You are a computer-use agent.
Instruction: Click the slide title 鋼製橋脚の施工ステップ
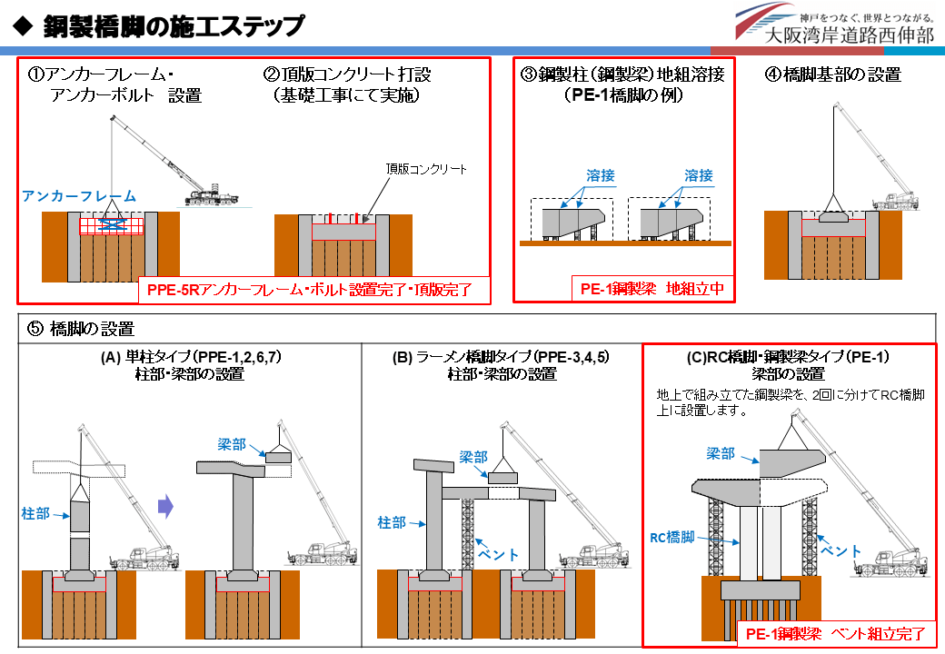174,26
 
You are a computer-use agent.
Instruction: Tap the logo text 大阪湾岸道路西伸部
849,35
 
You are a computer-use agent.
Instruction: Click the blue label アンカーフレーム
79,196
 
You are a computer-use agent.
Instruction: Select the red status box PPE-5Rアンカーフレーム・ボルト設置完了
309,290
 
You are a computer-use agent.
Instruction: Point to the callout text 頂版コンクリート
426,169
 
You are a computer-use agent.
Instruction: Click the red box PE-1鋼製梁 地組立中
652,289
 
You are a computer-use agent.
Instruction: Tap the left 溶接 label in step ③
601,176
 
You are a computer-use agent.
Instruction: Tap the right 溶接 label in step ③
699,176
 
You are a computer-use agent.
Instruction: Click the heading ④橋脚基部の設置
833,74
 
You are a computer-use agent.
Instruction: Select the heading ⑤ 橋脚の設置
81,329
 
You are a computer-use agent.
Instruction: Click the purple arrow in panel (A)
165,507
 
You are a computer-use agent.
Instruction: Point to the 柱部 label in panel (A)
35,514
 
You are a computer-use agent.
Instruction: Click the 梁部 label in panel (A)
232,444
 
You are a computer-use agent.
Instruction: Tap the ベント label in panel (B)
499,554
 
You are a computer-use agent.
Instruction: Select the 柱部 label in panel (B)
392,522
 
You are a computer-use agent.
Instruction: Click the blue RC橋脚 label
672,537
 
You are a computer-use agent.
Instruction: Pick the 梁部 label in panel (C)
721,453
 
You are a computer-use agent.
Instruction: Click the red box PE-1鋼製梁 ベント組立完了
836,634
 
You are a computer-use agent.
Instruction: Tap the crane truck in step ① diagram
211,197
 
